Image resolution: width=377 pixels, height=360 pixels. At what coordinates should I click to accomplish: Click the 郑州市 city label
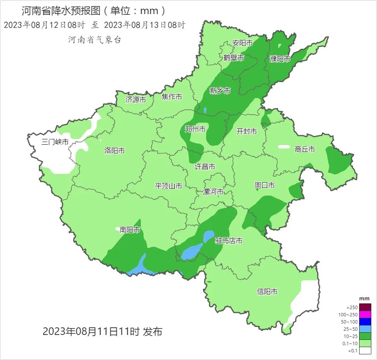pyautogui.click(x=195, y=129)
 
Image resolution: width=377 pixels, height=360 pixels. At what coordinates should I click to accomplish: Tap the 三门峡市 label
pyautogui.click(x=55, y=142)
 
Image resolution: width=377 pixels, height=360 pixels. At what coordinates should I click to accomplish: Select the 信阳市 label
pyautogui.click(x=267, y=292)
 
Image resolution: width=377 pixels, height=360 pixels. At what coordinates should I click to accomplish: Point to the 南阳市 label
pyautogui.click(x=130, y=230)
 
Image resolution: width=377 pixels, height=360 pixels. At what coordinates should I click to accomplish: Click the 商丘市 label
pyautogui.click(x=305, y=149)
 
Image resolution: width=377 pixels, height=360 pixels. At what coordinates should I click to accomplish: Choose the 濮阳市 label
pyautogui.click(x=280, y=59)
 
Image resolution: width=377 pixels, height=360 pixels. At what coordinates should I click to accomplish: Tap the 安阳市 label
pyautogui.click(x=243, y=43)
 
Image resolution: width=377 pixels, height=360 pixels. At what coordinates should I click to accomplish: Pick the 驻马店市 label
pyautogui.click(x=229, y=241)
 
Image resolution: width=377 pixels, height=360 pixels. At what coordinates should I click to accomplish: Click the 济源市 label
pyautogui.click(x=136, y=100)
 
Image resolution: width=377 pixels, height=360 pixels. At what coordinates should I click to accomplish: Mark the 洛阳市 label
pyautogui.click(x=115, y=151)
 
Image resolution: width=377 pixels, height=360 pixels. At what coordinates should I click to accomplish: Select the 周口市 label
pyautogui.click(x=264, y=185)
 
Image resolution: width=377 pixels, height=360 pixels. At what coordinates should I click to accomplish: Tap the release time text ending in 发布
pyautogui.click(x=103, y=331)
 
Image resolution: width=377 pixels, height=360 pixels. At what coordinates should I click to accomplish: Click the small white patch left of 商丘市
pyautogui.click(x=284, y=147)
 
